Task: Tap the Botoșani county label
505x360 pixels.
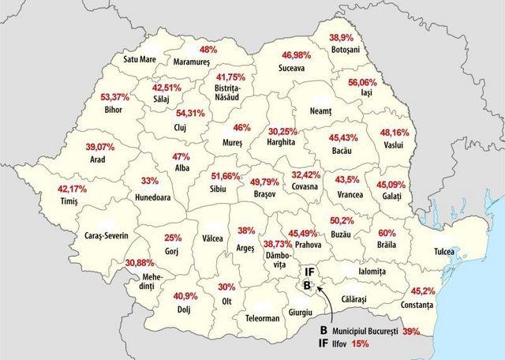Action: click(344, 49)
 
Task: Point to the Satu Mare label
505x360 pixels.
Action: click(141, 58)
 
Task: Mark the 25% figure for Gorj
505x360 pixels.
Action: click(173, 238)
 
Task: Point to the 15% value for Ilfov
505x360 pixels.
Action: click(361, 343)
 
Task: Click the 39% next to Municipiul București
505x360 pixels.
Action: click(411, 332)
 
